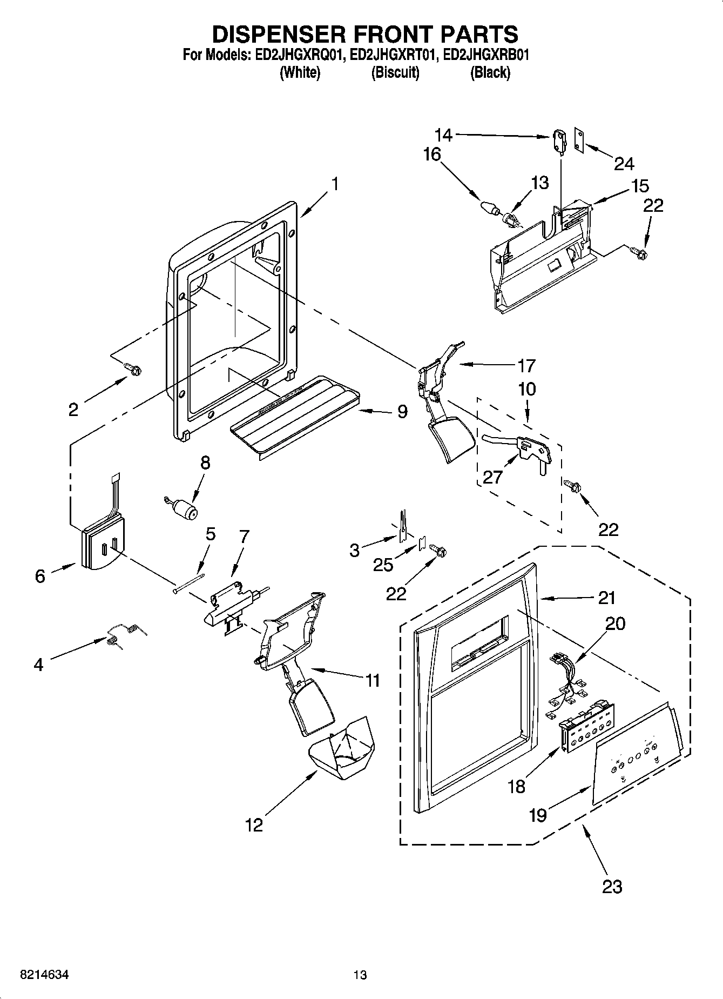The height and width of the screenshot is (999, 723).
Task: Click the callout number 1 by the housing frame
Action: tap(335, 184)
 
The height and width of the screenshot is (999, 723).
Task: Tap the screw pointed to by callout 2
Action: tap(133, 369)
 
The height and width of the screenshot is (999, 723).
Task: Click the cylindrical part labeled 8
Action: tap(185, 509)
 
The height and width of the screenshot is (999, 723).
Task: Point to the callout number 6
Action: tap(40, 576)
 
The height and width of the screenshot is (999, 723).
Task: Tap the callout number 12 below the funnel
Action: tap(254, 825)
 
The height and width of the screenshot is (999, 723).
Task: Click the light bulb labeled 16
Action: tap(489, 207)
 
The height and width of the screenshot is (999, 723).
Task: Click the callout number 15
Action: tap(640, 186)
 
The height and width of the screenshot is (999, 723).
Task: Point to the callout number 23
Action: tap(612, 887)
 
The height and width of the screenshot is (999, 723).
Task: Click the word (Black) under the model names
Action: tap(490, 72)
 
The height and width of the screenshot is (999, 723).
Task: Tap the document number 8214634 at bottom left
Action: tap(44, 975)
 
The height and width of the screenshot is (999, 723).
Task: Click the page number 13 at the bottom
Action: tap(360, 975)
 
